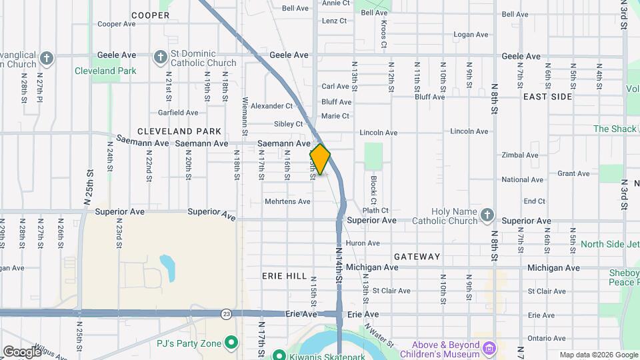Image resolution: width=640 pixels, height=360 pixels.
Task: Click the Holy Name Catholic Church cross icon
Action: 487,215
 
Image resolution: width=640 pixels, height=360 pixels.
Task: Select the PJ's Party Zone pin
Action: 231,344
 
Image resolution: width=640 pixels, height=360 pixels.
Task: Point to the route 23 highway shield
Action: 227,313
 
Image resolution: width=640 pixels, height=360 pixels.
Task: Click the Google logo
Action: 21,351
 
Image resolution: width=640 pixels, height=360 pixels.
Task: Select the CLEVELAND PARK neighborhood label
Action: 175,131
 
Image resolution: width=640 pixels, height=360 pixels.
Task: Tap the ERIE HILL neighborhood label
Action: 285,275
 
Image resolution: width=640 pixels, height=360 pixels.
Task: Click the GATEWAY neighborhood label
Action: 417,256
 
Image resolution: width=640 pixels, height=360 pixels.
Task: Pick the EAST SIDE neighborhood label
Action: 547,97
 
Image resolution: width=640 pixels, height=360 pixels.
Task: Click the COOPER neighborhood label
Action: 150,15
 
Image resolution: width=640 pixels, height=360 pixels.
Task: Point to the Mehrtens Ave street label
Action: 287,201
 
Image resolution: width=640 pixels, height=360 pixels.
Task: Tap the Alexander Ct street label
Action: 271,106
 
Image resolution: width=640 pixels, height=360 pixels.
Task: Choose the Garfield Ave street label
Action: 178,113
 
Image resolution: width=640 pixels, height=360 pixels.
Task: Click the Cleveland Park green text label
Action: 105,71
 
